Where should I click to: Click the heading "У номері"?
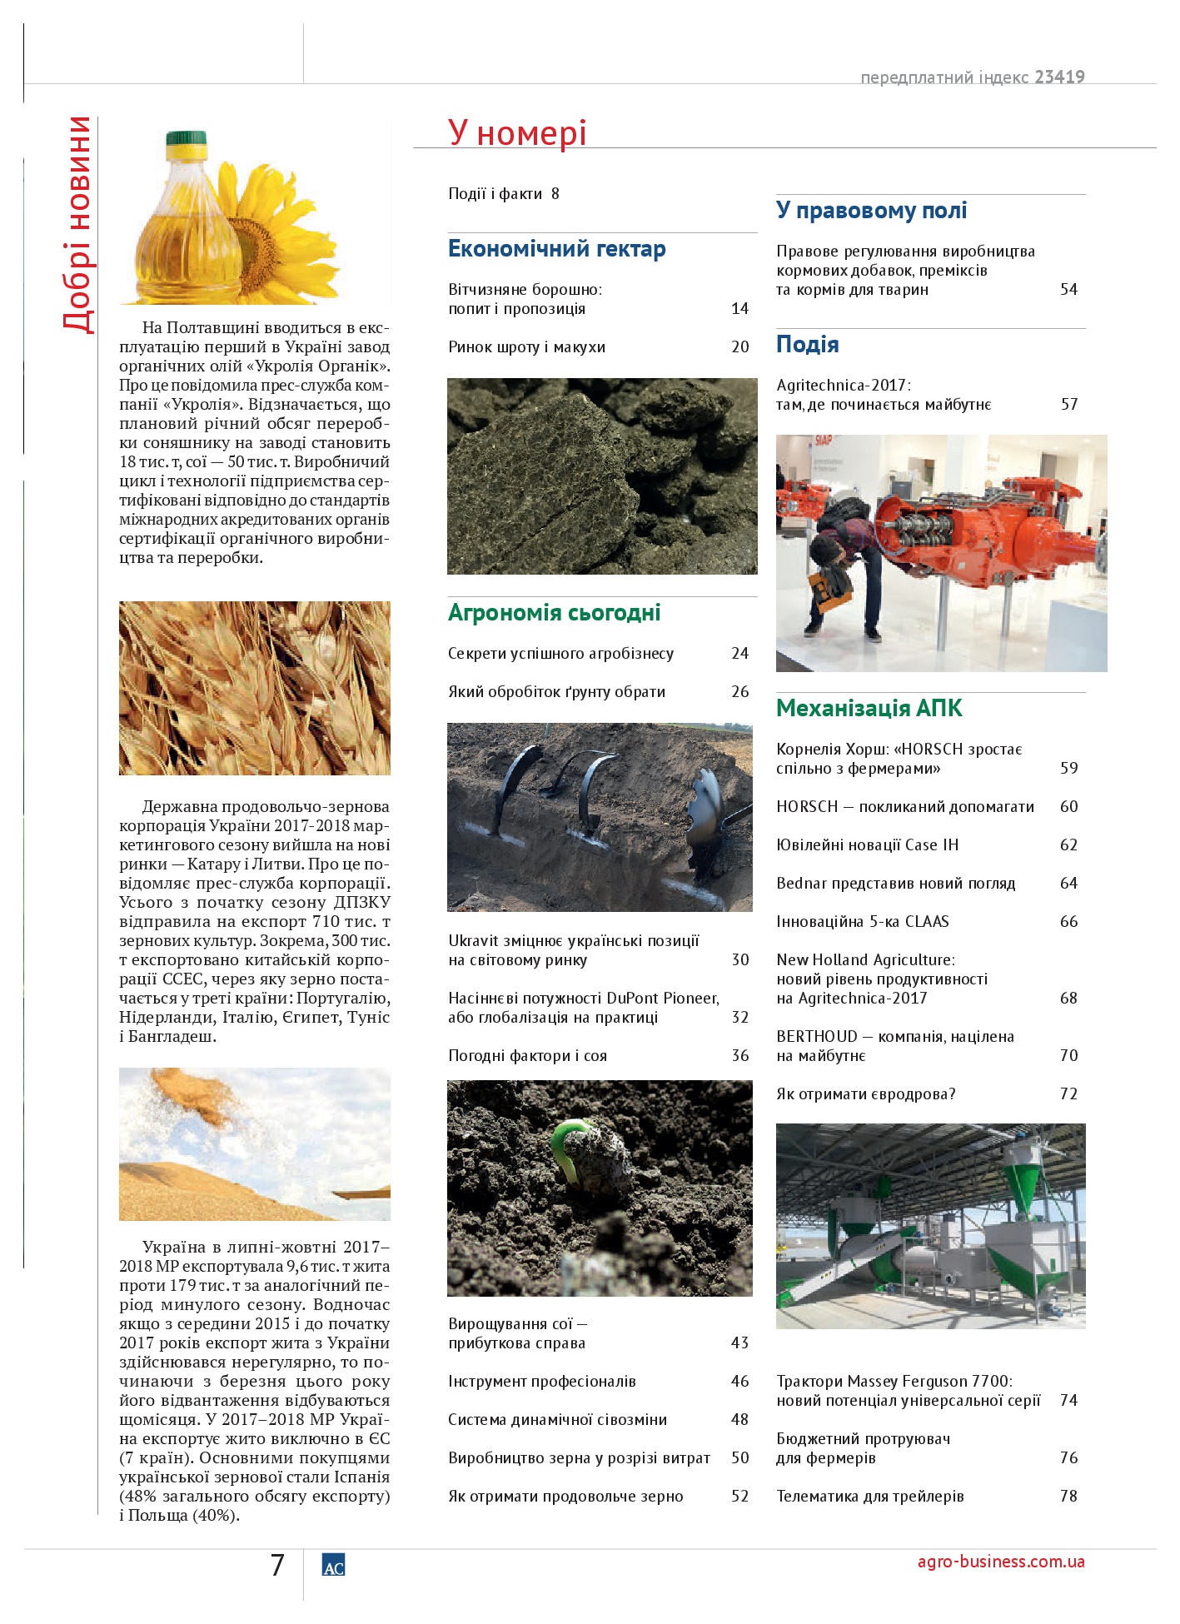(517, 132)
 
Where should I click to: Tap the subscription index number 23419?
(1059, 77)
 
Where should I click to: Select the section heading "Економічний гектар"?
(556, 249)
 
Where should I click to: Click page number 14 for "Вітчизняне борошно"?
(739, 309)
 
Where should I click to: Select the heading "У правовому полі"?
(871, 211)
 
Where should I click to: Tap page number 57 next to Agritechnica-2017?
(1068, 405)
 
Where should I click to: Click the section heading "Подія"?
(807, 345)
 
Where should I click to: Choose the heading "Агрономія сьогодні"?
(554, 613)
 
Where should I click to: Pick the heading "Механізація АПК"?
(869, 709)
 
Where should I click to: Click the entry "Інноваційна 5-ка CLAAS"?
(862, 922)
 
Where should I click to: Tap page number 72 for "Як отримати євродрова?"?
(1068, 1094)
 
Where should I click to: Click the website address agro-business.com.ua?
(1000, 1562)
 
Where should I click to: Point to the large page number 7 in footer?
(278, 1566)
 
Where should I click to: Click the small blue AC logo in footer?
(333, 1566)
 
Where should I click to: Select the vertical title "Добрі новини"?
(78, 225)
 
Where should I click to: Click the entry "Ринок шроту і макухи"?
(526, 347)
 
